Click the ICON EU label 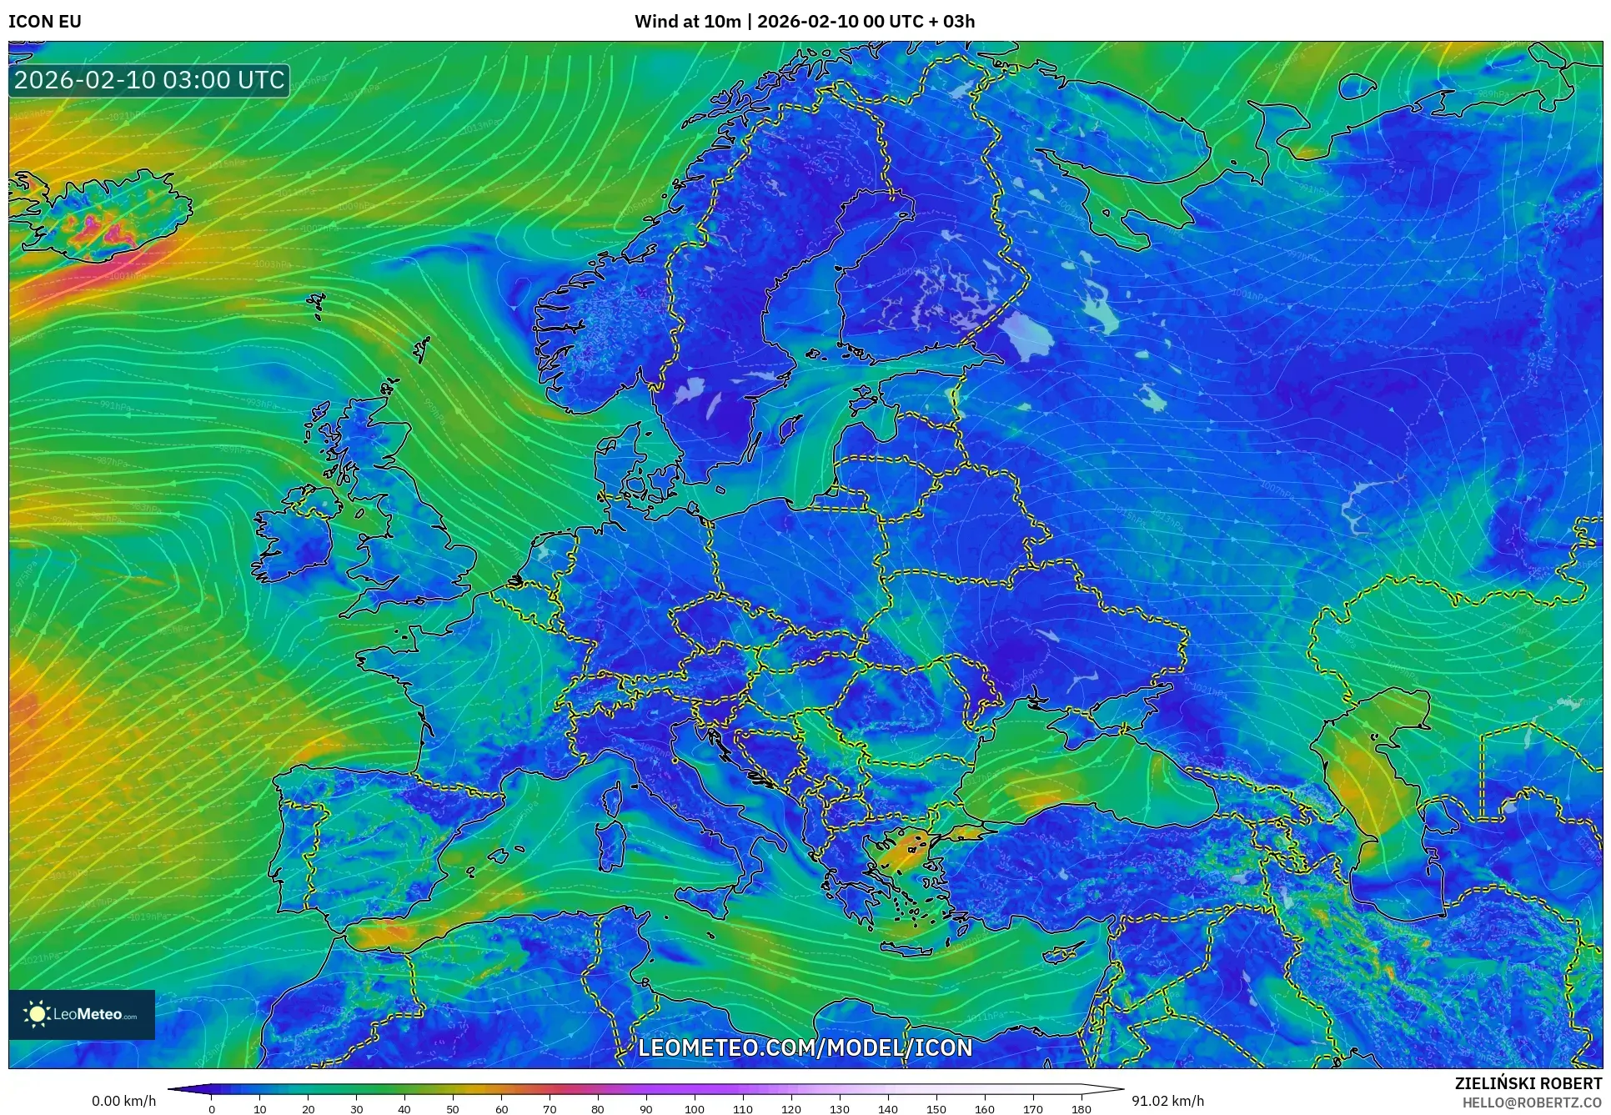pyautogui.click(x=45, y=22)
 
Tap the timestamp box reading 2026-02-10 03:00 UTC pyautogui.click(x=150, y=80)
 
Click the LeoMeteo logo pyautogui.click(x=82, y=1014)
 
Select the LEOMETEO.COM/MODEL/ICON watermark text pyautogui.click(x=805, y=1047)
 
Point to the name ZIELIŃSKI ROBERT pyautogui.click(x=1528, y=1083)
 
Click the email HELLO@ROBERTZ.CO pyautogui.click(x=1531, y=1102)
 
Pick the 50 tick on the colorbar pyautogui.click(x=453, y=1109)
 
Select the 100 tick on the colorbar pyautogui.click(x=695, y=1109)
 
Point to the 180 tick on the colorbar pyautogui.click(x=1081, y=1109)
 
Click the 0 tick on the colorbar pyautogui.click(x=212, y=1109)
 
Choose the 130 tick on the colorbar pyautogui.click(x=840, y=1109)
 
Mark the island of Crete pyautogui.click(x=913, y=947)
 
